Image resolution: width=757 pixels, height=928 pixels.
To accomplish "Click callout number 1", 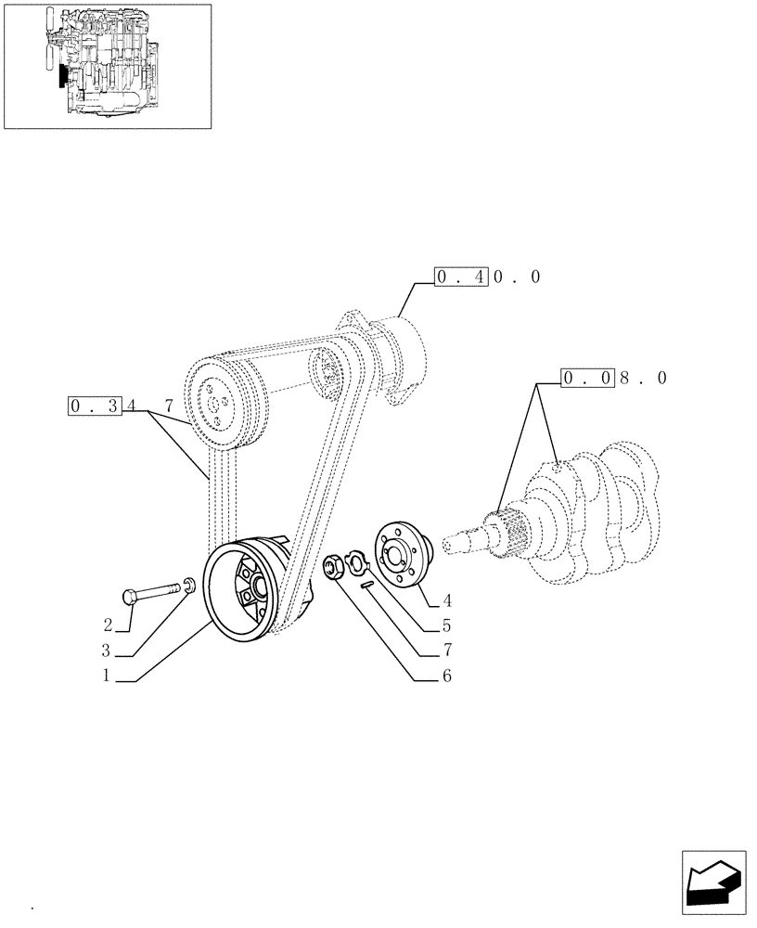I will coord(108,677).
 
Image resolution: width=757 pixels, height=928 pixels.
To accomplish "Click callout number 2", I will coord(108,624).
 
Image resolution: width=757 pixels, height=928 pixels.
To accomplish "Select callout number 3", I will coord(108,650).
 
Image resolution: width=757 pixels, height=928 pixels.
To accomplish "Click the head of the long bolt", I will coord(130,596).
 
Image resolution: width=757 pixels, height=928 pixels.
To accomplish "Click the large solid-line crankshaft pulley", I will coord(243,594).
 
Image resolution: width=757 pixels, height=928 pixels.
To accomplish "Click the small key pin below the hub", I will coord(368,583).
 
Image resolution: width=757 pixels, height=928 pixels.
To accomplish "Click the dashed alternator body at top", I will coord(394,357).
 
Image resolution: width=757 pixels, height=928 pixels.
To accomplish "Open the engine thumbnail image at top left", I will coord(107,66).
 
